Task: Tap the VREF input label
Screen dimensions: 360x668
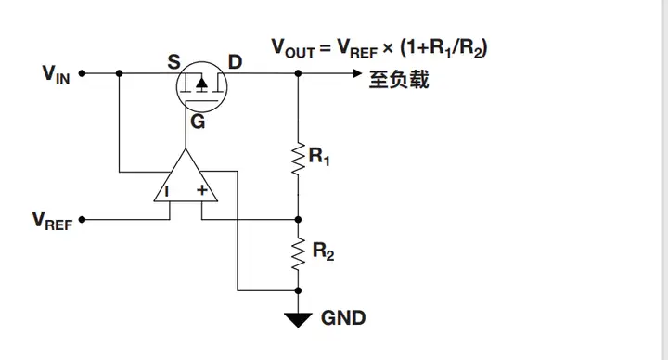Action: tap(52, 220)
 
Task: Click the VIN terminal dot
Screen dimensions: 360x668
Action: tap(82, 72)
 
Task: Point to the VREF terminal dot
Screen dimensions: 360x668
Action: tap(82, 220)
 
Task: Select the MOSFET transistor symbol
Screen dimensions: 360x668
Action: tap(201, 85)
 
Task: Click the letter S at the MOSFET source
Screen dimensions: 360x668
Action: tap(173, 62)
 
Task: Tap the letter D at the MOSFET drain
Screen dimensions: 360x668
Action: tap(235, 62)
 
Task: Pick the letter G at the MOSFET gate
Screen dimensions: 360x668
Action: tap(198, 121)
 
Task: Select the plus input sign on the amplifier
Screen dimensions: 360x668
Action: tap(201, 192)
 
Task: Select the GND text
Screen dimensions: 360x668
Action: tap(343, 318)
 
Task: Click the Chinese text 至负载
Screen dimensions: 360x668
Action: tap(400, 81)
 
